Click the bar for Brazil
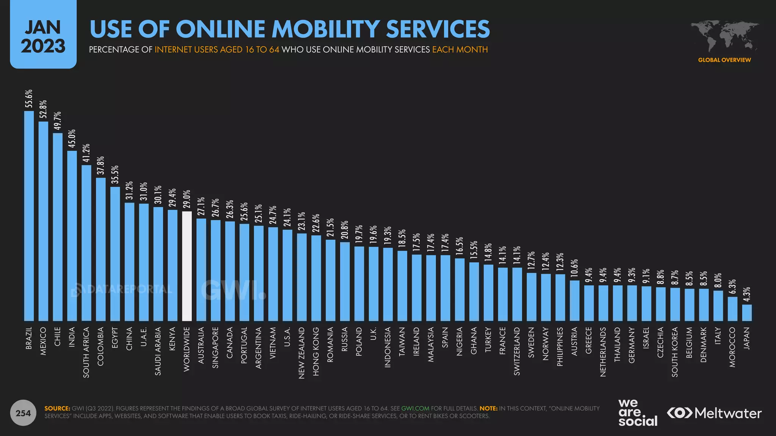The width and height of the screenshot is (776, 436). point(29,216)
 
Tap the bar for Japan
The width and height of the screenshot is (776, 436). point(747,313)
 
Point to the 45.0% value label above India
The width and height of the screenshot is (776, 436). point(72,139)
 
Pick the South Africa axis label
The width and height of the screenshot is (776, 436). point(86,352)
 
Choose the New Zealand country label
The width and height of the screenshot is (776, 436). point(302,353)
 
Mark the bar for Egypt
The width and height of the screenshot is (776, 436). point(115,254)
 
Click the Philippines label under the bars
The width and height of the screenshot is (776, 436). point(560,346)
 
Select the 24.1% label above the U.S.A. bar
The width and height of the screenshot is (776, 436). point(287,218)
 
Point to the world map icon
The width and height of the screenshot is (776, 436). point(724,36)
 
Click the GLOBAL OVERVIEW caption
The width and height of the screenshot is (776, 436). point(724,60)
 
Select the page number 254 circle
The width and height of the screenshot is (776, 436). point(23,413)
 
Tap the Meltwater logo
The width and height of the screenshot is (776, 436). point(714,413)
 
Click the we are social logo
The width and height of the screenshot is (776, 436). point(638,413)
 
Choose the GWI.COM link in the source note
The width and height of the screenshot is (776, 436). point(415,408)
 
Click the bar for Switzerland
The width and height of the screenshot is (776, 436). point(517,294)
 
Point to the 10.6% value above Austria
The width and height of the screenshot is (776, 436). point(574,268)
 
